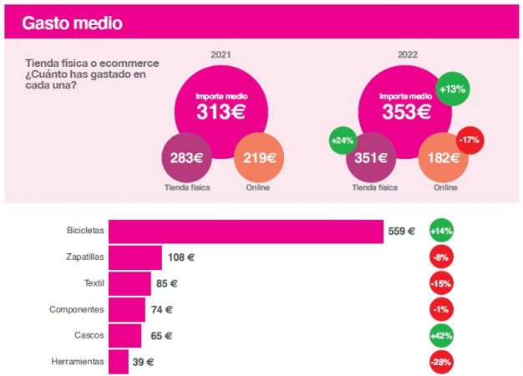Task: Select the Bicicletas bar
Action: tap(246, 231)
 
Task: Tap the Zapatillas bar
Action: tap(135, 257)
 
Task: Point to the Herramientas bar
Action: tap(118, 362)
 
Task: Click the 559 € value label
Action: tap(402, 231)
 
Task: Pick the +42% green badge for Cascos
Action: tap(441, 336)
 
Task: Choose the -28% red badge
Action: tap(441, 362)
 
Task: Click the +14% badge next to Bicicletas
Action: tap(441, 231)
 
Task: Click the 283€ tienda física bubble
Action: tap(185, 157)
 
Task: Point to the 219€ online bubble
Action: tap(258, 157)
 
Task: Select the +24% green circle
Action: tap(343, 140)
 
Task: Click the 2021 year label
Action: tap(221, 55)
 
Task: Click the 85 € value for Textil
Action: tap(166, 283)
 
